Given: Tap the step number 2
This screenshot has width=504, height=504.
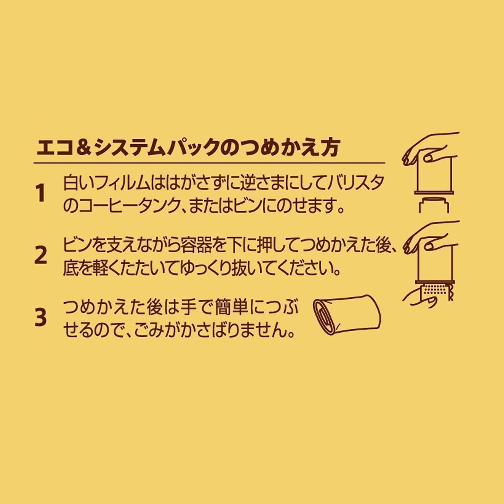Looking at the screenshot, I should pyautogui.click(x=41, y=255).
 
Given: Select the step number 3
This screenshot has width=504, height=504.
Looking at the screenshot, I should pyautogui.click(x=40, y=318).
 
